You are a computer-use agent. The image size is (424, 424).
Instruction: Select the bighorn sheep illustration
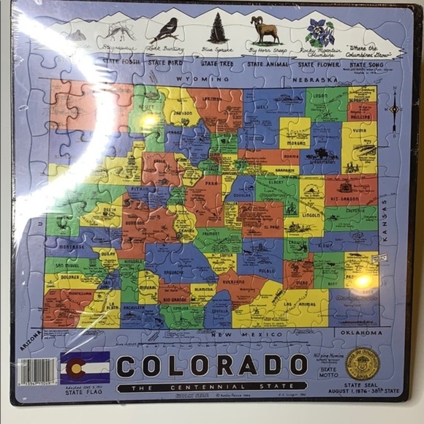264,31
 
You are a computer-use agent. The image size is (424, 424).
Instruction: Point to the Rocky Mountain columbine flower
319,32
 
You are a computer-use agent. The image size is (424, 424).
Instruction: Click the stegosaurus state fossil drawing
119,31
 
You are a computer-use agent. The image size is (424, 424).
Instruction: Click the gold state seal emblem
363,363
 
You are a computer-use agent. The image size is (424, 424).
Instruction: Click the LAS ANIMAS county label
298,303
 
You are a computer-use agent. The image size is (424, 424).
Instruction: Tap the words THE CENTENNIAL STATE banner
212,386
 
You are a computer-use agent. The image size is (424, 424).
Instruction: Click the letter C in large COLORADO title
129,364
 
